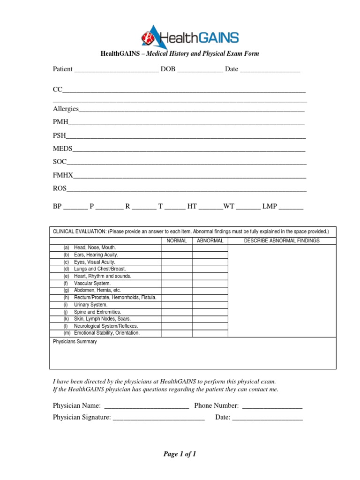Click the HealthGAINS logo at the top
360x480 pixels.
pyautogui.click(x=190, y=37)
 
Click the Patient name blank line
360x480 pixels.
pyautogui.click(x=116, y=69)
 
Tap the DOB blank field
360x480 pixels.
pyautogui.click(x=200, y=69)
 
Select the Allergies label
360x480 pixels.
pyautogui.click(x=66, y=109)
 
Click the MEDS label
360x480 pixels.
pyautogui.click(x=63, y=149)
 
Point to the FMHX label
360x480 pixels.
pyautogui.click(x=63, y=175)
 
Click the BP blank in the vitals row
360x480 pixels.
pyautogui.click(x=75, y=206)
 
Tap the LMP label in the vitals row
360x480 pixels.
pyautogui.click(x=270, y=206)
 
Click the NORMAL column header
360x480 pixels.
pyautogui.click(x=177, y=240)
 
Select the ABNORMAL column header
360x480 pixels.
pyautogui.click(x=210, y=240)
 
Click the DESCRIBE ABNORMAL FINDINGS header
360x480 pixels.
pyautogui.click(x=282, y=240)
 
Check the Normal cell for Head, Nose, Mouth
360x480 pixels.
pyautogui.click(x=177, y=247)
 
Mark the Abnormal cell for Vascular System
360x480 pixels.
pyautogui.click(x=210, y=283)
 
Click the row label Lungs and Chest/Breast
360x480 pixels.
pyautogui.click(x=100, y=269)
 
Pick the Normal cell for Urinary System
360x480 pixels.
pyautogui.click(x=177, y=305)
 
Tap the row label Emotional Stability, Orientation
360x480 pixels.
pyautogui.click(x=107, y=333)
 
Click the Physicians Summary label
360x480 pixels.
pyautogui.click(x=75, y=342)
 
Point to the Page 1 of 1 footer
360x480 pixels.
pyautogui.click(x=180, y=454)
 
